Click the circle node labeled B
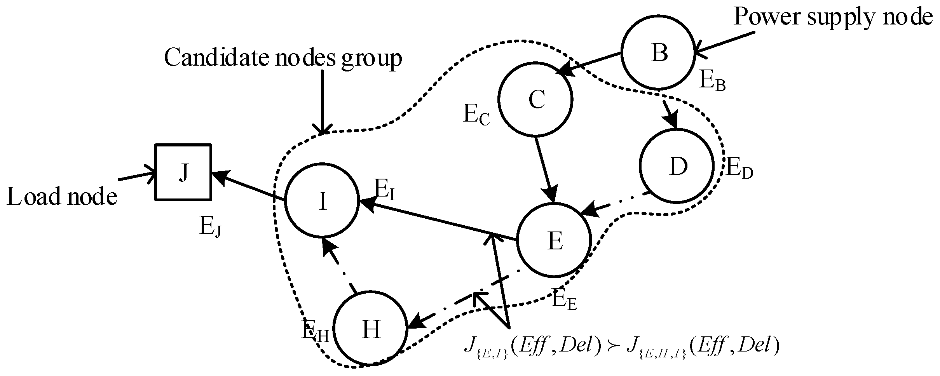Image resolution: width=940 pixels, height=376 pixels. [x=657, y=52]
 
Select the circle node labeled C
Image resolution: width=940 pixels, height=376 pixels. [x=535, y=99]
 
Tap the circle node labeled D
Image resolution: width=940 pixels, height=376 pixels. [x=677, y=166]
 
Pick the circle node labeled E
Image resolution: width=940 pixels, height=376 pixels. [x=554, y=240]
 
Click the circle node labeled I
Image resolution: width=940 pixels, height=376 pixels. [x=322, y=201]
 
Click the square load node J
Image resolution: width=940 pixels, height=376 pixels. [x=183, y=172]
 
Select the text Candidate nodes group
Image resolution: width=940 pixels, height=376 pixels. [x=283, y=58]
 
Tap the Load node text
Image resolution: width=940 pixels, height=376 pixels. [x=62, y=197]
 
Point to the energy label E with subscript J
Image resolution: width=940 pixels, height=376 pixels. [x=210, y=228]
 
